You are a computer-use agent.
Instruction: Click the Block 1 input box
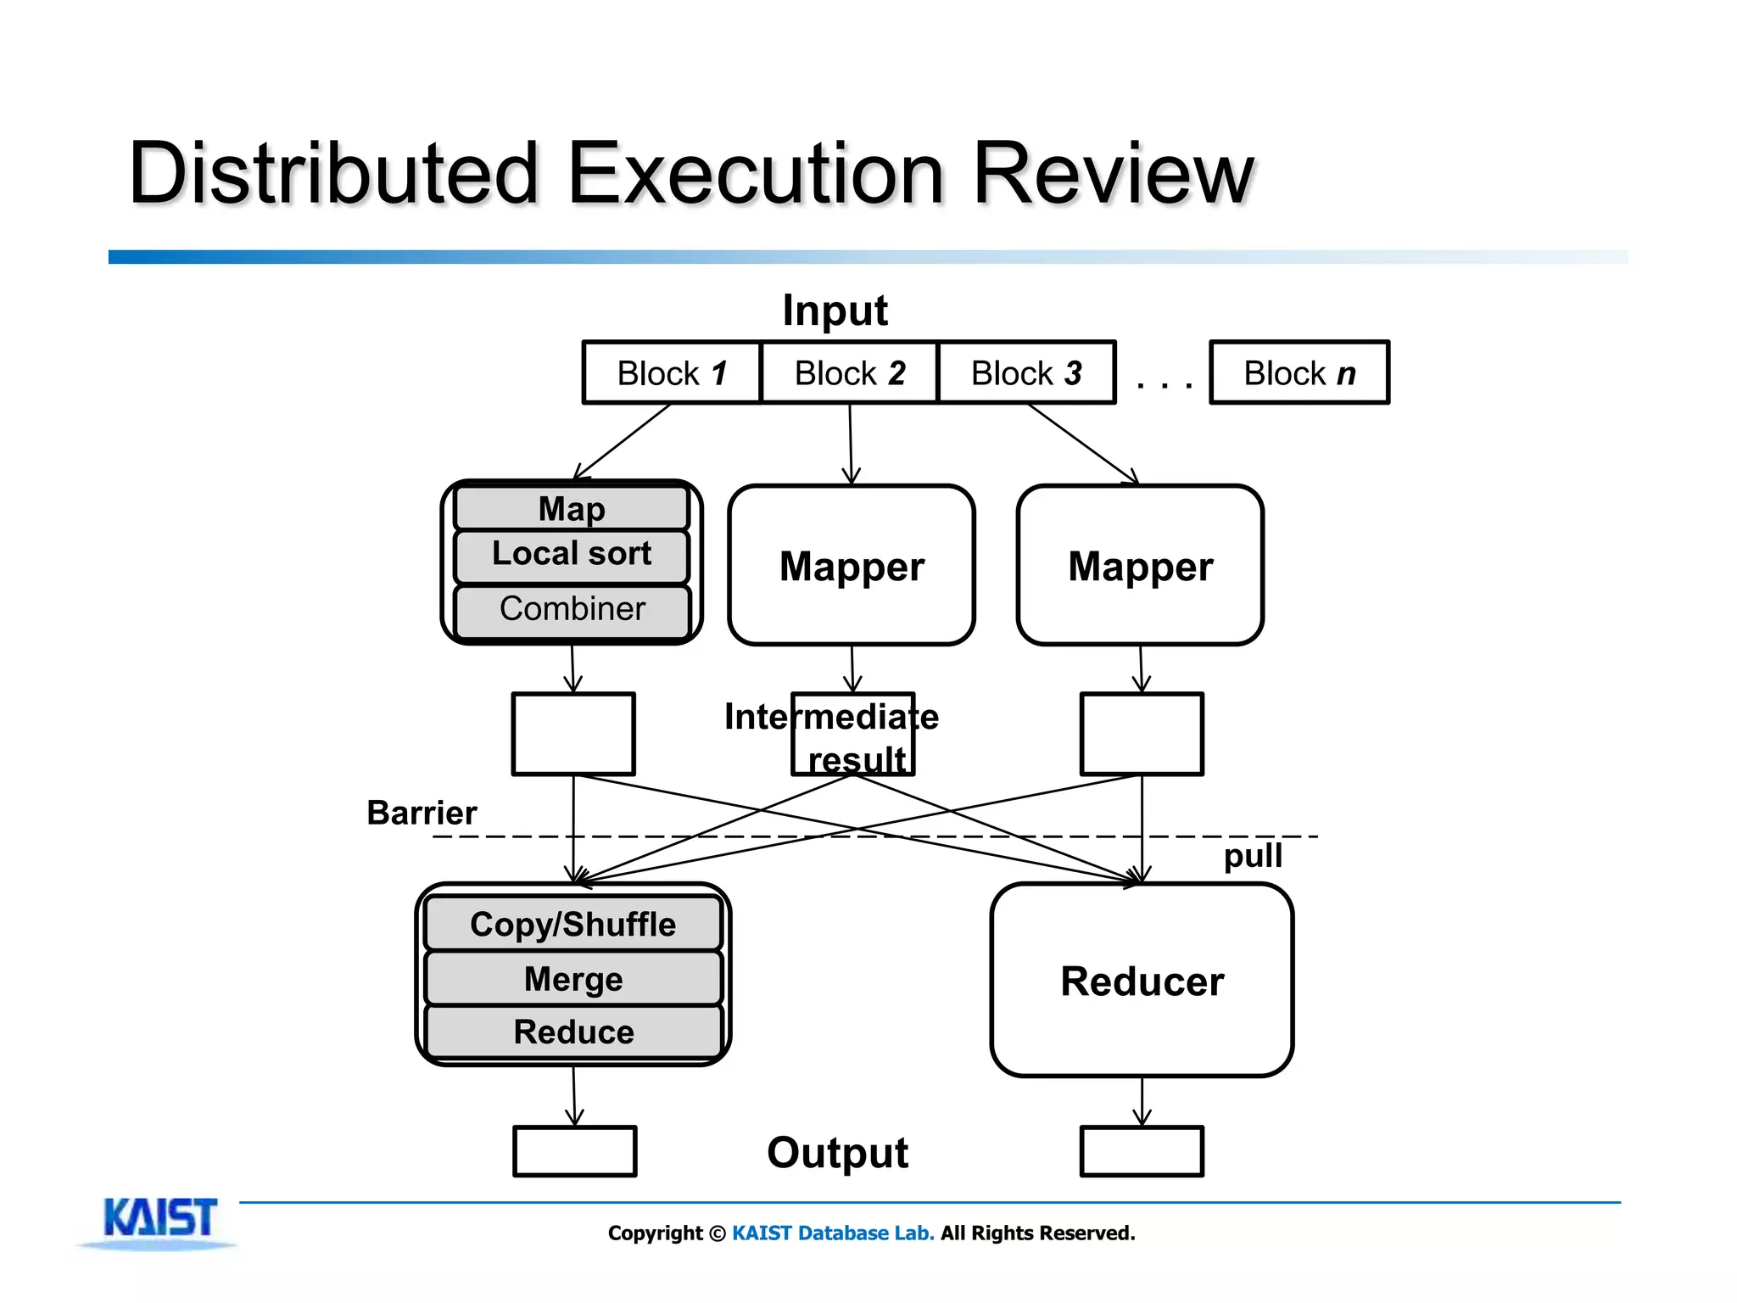[x=671, y=373]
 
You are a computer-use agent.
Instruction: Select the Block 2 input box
[x=849, y=373]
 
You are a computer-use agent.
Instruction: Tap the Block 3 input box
[x=1026, y=373]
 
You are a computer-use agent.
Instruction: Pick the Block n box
[x=1299, y=373]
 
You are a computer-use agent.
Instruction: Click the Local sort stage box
[x=572, y=556]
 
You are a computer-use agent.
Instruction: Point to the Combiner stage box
[x=572, y=610]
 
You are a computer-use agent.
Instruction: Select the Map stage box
[x=572, y=509]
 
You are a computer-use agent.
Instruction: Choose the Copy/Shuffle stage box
[x=572, y=925]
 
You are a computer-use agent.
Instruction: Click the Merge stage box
[x=572, y=979]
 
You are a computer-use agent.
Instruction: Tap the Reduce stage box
[x=572, y=1032]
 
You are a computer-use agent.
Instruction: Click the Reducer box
[x=1142, y=981]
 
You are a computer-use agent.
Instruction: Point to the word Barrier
[x=422, y=813]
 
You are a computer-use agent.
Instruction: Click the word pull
[x=1253, y=856]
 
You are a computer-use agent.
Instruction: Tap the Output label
[x=837, y=1153]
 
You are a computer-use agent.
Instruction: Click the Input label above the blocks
[x=835, y=310]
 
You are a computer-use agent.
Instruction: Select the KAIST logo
[x=159, y=1220]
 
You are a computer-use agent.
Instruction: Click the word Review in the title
[x=1113, y=174]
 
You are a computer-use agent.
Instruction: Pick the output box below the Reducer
[x=1142, y=1151]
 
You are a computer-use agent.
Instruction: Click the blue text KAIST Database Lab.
[x=833, y=1233]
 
